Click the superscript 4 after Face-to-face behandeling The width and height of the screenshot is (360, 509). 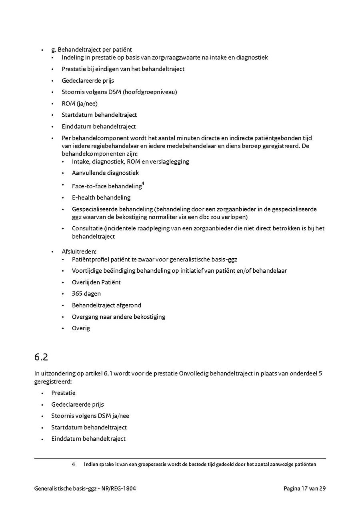pyautogui.click(x=143, y=184)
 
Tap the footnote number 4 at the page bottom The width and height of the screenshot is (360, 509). pyautogui.click(x=74, y=464)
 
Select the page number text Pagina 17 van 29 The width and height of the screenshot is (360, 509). pyautogui.click(x=304, y=488)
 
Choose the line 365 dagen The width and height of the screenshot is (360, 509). pyautogui.click(x=86, y=293)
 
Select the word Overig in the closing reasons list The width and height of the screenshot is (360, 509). pyautogui.click(x=81, y=328)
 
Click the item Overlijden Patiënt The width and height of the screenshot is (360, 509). pyautogui.click(x=96, y=282)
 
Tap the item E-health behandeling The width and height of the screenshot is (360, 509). pyautogui.click(x=101, y=198)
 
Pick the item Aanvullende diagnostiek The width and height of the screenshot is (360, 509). pyautogui.click(x=105, y=173)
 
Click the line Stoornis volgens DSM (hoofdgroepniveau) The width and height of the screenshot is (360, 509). pyautogui.click(x=119, y=92)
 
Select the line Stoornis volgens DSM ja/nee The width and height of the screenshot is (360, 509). pyautogui.click(x=90, y=416)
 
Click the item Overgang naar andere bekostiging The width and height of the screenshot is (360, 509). pyautogui.click(x=118, y=317)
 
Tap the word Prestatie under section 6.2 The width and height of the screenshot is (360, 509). pyautogui.click(x=63, y=393)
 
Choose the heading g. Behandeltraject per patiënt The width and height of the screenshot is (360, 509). pyautogui.click(x=91, y=50)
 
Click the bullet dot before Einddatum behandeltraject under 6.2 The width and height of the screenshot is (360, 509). pyautogui.click(x=42, y=439)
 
